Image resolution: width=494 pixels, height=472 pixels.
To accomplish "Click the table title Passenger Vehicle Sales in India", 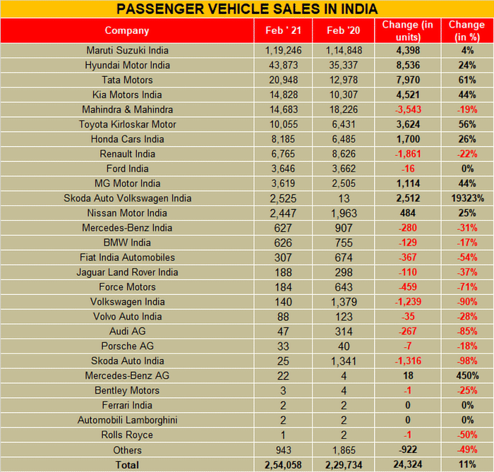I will [246, 8].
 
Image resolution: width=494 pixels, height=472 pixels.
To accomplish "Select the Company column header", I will [127, 30].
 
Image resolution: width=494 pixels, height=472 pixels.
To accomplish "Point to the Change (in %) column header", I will [466, 30].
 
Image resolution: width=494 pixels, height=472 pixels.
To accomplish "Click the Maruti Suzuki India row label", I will [127, 51].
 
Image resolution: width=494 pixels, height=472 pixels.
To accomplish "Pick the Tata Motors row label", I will [127, 80].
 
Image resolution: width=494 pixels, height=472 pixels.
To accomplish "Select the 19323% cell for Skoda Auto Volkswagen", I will [466, 198].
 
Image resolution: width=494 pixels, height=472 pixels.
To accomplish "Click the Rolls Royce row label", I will [127, 435].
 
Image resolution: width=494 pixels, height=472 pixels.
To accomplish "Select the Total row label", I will [127, 465].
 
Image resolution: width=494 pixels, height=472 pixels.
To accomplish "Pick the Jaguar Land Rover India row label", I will [127, 272].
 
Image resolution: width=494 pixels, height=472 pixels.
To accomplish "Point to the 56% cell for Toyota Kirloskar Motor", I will [466, 124].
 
